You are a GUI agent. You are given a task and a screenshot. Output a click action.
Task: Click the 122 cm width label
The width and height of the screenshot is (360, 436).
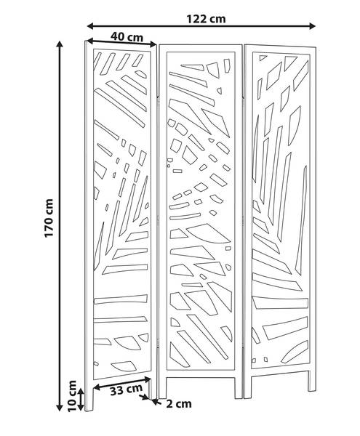[x=206, y=19]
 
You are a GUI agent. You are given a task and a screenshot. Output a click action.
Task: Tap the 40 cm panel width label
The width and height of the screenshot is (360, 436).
[x=127, y=37]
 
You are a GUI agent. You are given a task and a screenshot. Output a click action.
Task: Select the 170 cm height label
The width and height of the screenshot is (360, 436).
[x=49, y=218]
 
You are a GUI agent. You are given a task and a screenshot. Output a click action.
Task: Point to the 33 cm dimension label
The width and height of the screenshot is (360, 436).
[x=126, y=390]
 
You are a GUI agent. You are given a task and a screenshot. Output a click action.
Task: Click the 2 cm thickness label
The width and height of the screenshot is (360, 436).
[x=179, y=404]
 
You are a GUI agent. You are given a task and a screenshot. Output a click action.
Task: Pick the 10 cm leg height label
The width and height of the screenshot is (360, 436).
[x=72, y=396]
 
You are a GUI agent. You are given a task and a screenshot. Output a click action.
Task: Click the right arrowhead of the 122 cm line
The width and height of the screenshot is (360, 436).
[x=312, y=26]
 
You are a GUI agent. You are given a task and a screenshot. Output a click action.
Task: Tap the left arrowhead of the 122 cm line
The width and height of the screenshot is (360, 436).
[x=90, y=26]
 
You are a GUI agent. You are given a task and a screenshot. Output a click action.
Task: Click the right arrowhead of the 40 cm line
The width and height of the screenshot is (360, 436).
[x=153, y=44]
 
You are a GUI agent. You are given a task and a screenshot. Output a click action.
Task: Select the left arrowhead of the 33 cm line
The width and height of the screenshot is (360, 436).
[x=96, y=387]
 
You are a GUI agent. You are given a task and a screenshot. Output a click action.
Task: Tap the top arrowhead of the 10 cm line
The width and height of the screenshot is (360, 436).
[x=81, y=392]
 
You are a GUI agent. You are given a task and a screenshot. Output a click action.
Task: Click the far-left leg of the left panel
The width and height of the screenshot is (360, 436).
[x=89, y=395]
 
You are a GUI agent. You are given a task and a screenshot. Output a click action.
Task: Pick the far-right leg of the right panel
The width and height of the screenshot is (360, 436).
[x=311, y=380]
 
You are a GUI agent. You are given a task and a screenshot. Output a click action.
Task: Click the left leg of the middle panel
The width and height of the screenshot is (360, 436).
[x=162, y=387]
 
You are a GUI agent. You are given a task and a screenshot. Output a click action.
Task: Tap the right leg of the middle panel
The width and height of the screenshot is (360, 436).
[x=239, y=387]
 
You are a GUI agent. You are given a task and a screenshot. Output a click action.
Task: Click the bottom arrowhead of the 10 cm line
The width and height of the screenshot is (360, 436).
[x=81, y=408]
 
